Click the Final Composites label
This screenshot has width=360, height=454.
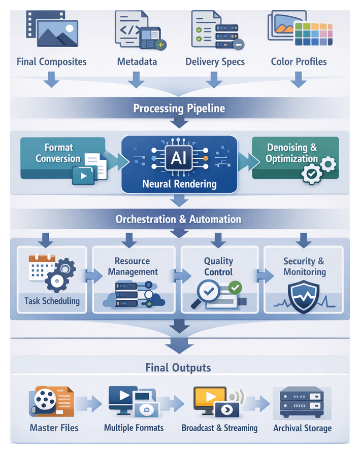click(x=52, y=62)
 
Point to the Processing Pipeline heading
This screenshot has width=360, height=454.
click(x=179, y=108)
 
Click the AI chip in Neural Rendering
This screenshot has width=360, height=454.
click(x=179, y=158)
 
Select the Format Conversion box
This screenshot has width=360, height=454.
click(x=62, y=158)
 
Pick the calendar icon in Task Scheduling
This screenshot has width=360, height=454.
click(x=40, y=268)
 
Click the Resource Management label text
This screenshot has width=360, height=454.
click(x=132, y=266)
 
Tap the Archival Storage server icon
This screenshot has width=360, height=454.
click(x=302, y=401)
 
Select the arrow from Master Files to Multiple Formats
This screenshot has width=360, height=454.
click(x=90, y=404)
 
